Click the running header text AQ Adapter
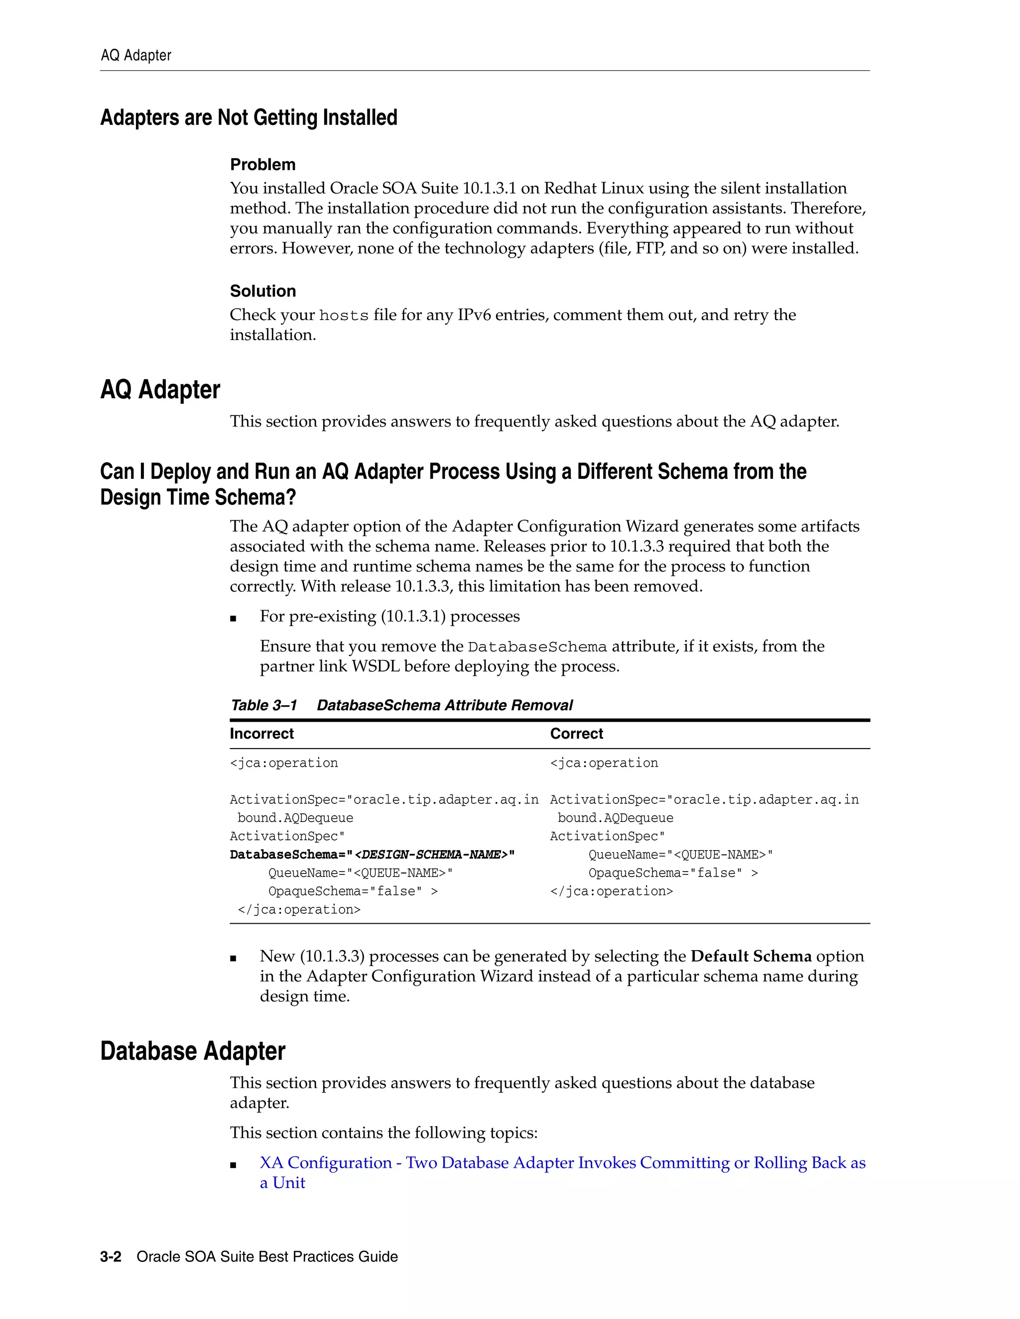[x=135, y=56]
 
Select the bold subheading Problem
[x=262, y=164]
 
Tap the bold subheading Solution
[x=262, y=291]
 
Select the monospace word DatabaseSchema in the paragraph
[x=536, y=648]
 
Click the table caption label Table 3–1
[x=263, y=705]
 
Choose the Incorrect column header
[x=261, y=733]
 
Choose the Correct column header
[x=576, y=733]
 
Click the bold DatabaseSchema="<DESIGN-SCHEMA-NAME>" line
[x=372, y=855]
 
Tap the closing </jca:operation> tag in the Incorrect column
[x=299, y=909]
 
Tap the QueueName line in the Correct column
[x=680, y=855]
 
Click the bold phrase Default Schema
[x=751, y=956]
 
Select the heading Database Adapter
[x=192, y=1051]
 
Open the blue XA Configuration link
[x=562, y=1163]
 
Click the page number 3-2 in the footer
[x=111, y=1257]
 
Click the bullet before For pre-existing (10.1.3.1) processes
[x=233, y=618]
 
